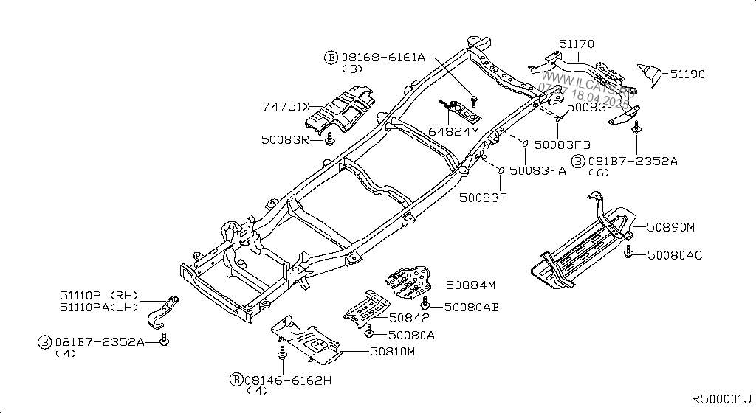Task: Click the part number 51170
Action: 576,45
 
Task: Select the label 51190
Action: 688,74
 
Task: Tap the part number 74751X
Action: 285,107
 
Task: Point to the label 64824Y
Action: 454,132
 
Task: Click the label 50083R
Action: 285,138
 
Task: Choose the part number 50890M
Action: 672,228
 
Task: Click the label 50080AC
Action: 675,255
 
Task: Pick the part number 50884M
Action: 471,285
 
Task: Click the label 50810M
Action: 393,353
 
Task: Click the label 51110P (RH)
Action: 100,294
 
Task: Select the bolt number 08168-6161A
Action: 382,57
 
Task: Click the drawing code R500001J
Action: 721,399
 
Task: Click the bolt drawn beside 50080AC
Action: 628,254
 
